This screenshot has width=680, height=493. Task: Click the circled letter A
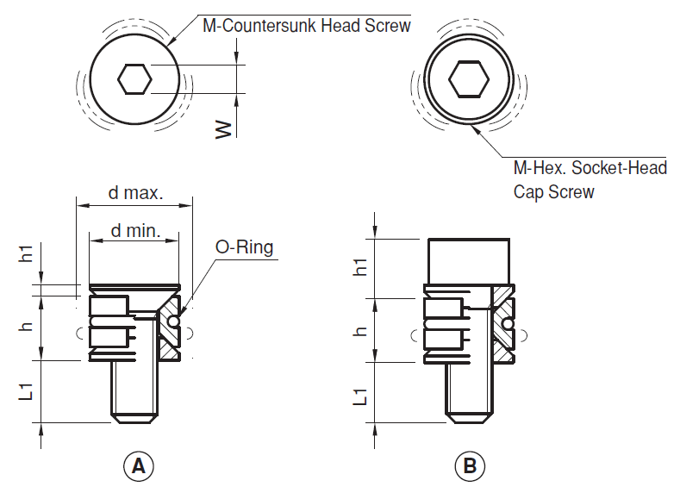(x=139, y=466)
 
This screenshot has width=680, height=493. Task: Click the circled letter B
(x=470, y=466)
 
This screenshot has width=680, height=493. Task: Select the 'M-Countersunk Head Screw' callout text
(x=307, y=26)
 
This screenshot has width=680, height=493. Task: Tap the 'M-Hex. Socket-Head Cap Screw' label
(x=590, y=179)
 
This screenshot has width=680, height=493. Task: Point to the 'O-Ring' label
(x=244, y=247)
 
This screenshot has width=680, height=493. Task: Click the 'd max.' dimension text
(x=135, y=193)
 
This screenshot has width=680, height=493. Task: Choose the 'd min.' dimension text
(x=135, y=231)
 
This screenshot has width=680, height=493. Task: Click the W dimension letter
(x=224, y=129)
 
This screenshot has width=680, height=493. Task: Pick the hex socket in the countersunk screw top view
(x=134, y=79)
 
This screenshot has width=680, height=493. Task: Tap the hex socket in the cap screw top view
(x=469, y=80)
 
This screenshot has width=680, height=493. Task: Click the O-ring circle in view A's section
(x=173, y=321)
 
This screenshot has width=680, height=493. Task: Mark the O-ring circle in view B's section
(x=508, y=324)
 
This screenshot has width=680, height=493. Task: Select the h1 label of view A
(x=27, y=253)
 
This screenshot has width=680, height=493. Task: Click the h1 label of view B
(x=360, y=266)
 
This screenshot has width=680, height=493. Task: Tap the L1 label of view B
(x=360, y=396)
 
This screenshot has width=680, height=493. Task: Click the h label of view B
(x=360, y=332)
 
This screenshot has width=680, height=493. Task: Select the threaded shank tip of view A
(x=134, y=419)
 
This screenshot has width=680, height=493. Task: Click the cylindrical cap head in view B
(x=469, y=261)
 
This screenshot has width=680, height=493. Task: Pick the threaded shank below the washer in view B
(x=469, y=392)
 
